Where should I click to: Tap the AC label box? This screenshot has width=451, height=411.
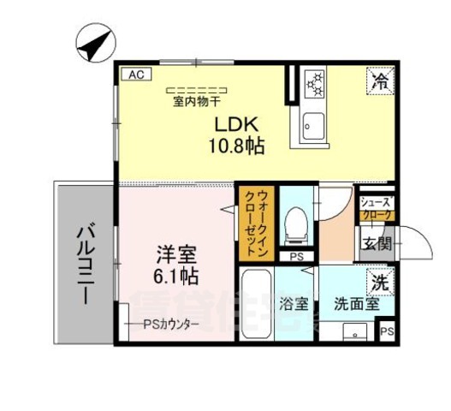click(133, 74)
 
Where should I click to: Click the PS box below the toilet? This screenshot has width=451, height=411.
click(297, 256)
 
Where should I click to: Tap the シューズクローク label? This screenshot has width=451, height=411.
click(377, 209)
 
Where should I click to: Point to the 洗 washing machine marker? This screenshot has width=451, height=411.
click(378, 280)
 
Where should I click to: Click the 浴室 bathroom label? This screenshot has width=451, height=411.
click(294, 302)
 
